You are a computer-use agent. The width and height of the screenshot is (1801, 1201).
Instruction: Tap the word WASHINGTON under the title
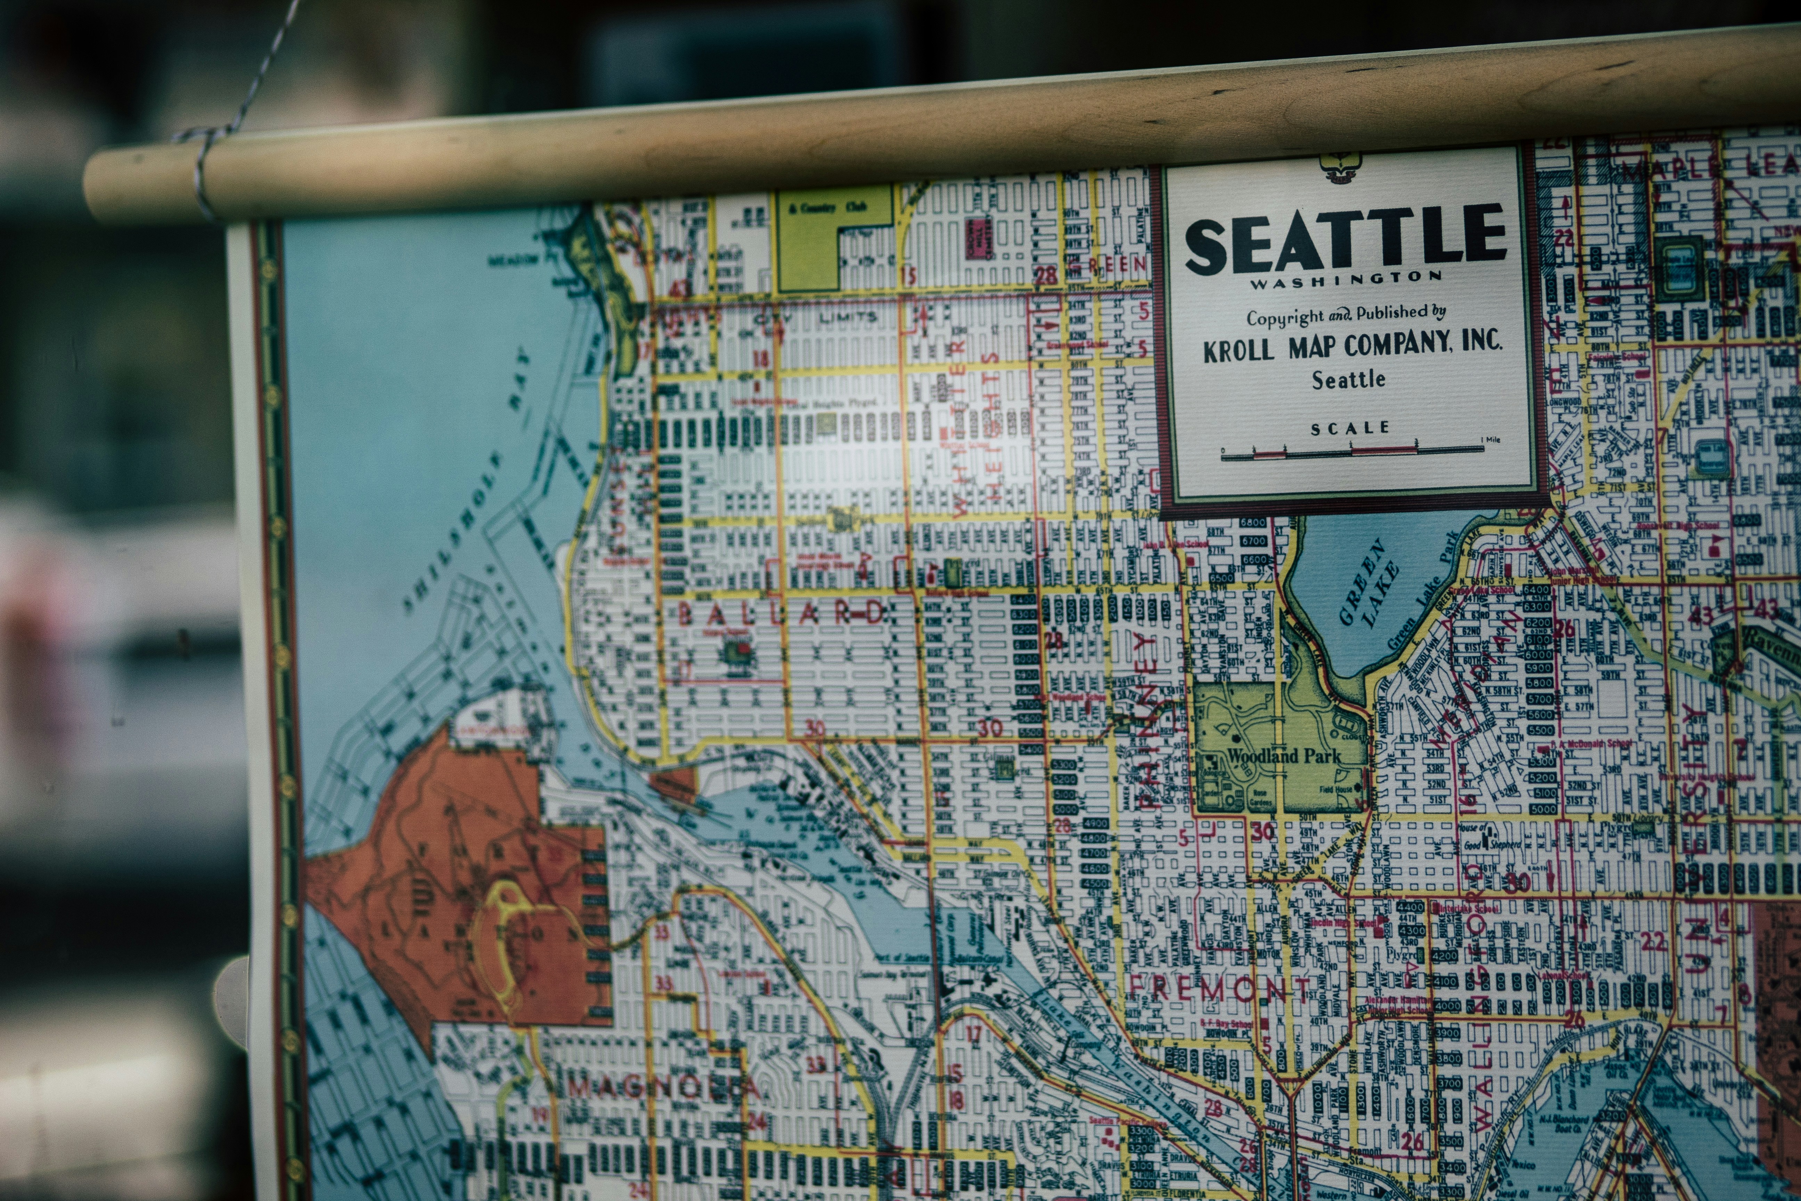coord(1346,280)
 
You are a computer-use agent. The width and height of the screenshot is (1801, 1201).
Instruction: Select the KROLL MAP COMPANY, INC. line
coord(1351,346)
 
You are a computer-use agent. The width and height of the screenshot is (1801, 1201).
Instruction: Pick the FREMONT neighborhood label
coord(1217,988)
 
